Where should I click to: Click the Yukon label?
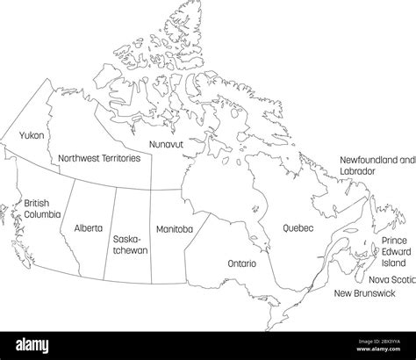(x=32, y=137)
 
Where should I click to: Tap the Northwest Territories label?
(x=98, y=158)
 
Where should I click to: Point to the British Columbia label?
(x=42, y=207)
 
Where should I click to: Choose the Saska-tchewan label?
(x=130, y=244)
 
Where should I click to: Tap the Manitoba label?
(x=174, y=228)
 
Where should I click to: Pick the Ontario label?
(x=241, y=263)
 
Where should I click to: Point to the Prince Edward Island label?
(x=394, y=251)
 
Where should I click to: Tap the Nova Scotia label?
(x=391, y=278)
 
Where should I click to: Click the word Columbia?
(x=42, y=213)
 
